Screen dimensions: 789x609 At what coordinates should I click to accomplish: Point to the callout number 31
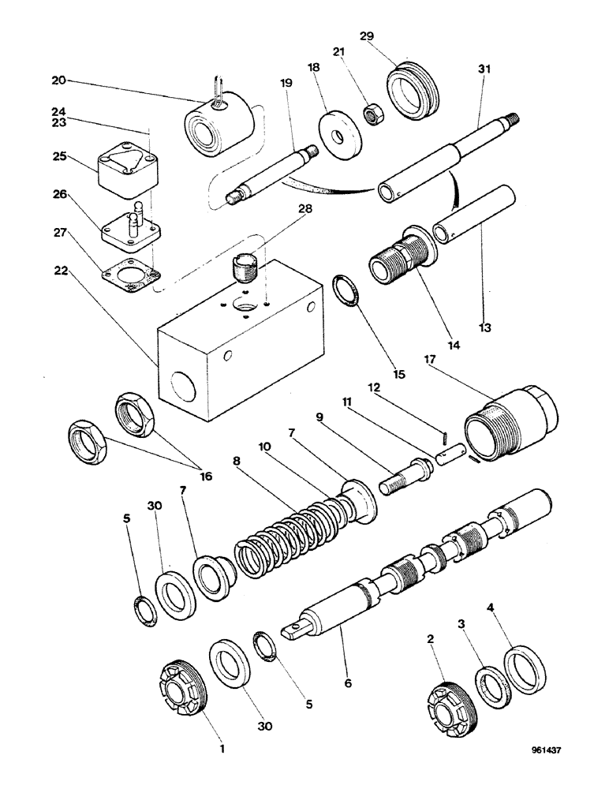coord(484,69)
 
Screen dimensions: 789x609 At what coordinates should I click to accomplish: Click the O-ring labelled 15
coord(348,290)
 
